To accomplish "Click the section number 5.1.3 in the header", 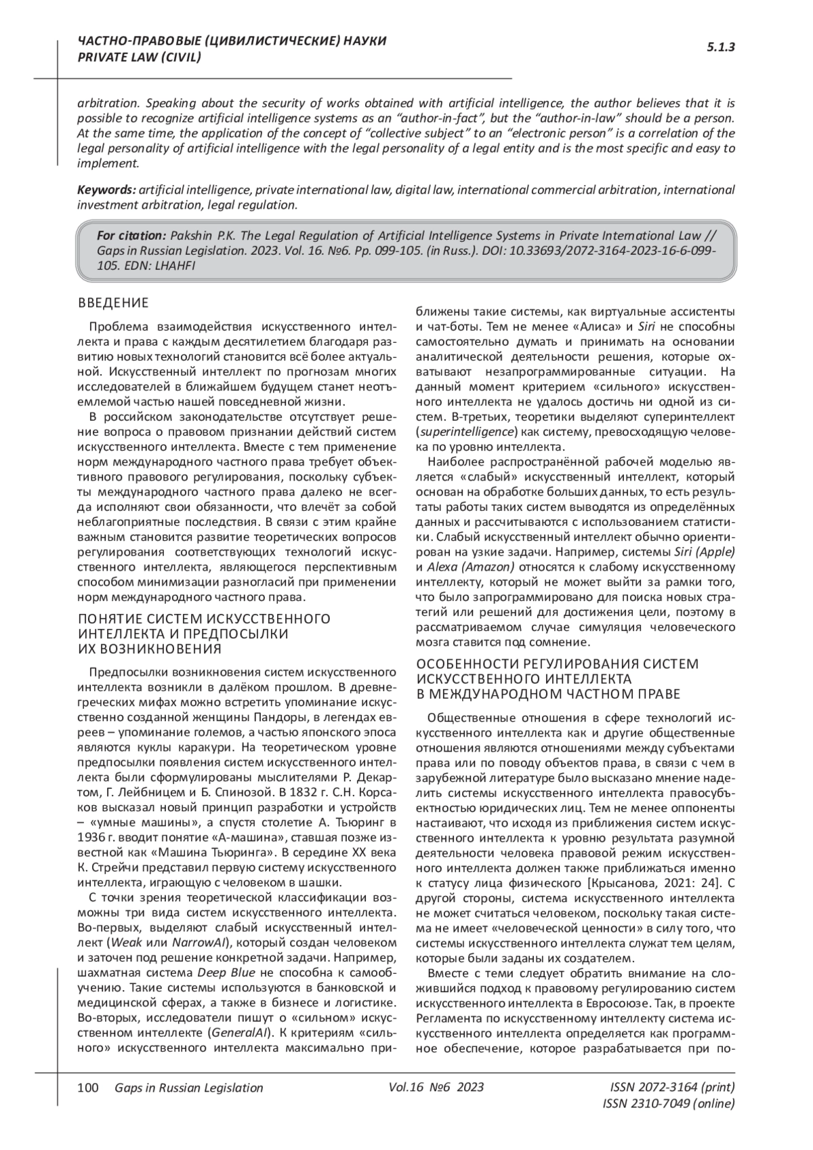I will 721,47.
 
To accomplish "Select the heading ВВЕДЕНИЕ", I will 113,303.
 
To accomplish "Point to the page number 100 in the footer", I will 89,1088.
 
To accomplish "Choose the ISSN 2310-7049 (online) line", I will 668,1104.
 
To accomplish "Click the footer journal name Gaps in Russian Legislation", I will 189,1088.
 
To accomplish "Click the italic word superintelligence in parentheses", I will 465,432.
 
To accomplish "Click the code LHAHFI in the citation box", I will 175,265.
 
